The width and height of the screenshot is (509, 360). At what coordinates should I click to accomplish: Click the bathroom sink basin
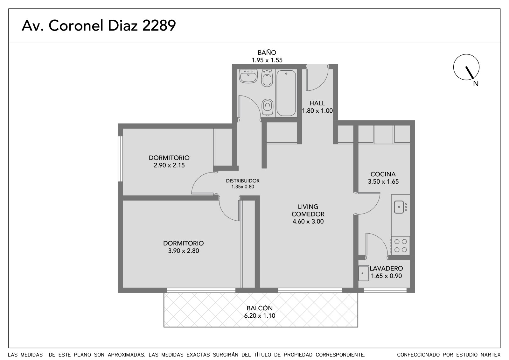248,76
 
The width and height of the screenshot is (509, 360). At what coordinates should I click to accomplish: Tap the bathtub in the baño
286,93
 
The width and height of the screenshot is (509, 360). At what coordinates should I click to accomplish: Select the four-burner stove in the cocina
401,246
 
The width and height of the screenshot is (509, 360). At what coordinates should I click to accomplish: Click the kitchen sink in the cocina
399,207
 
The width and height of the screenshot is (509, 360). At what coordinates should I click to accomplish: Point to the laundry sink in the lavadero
364,273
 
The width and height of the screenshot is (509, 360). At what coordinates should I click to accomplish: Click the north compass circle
466,67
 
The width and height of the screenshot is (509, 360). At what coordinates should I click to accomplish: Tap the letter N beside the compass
476,84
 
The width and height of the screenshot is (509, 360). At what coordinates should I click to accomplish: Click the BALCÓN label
260,308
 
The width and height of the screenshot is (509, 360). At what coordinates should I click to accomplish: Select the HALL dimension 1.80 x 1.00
317,111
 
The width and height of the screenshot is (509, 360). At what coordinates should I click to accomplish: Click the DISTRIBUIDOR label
243,181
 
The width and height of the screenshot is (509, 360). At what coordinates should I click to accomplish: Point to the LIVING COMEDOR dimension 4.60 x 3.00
308,222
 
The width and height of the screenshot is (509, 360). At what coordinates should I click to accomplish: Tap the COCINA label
383,174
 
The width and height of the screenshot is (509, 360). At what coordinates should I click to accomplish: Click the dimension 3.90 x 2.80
183,251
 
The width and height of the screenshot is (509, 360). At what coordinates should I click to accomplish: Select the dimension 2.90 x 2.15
169,165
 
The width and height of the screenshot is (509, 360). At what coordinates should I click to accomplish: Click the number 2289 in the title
159,25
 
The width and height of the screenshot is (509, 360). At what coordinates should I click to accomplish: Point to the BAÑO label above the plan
267,53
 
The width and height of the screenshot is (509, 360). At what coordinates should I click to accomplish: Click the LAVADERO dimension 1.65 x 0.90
386,276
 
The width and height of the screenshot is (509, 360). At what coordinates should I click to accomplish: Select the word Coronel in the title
76,25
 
